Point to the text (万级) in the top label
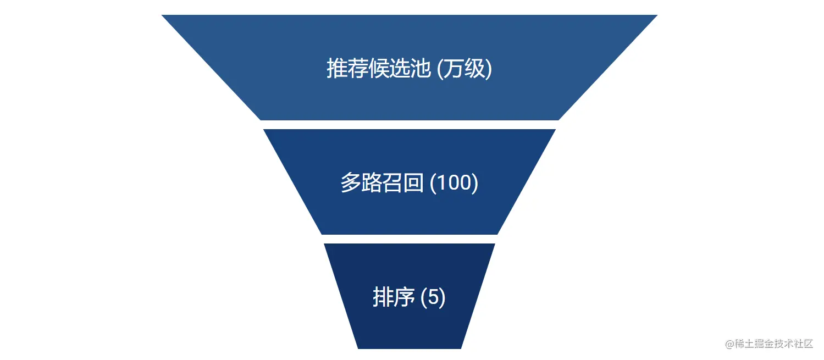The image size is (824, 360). (x=464, y=69)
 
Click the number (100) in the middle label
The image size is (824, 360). (x=454, y=183)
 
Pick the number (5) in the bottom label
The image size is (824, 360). (x=433, y=297)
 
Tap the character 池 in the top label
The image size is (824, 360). (x=421, y=69)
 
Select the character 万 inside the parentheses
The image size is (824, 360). (x=454, y=69)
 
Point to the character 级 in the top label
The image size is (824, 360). (x=475, y=69)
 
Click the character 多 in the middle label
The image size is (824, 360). (x=351, y=183)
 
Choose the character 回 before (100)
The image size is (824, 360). (x=413, y=183)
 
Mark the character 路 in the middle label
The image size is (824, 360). (x=372, y=183)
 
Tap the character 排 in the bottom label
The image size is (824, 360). (x=383, y=297)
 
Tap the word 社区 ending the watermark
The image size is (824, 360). (x=807, y=344)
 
